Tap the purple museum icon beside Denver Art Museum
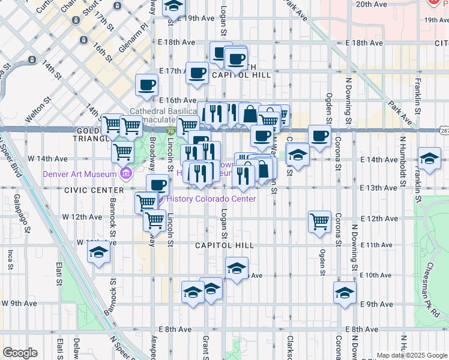pyautogui.click(x=125, y=175)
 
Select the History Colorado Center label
pyautogui.click(x=211, y=199)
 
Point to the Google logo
pyautogui.click(x=20, y=353)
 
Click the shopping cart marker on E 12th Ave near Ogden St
pyautogui.click(x=320, y=221)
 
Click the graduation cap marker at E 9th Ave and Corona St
pyautogui.click(x=345, y=293)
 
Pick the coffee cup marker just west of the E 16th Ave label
pyautogui.click(x=146, y=85)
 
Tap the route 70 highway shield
pyautogui.click(x=170, y=131)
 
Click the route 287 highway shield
pyautogui.click(x=443, y=130)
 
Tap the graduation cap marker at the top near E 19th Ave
pyautogui.click(x=173, y=7)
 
